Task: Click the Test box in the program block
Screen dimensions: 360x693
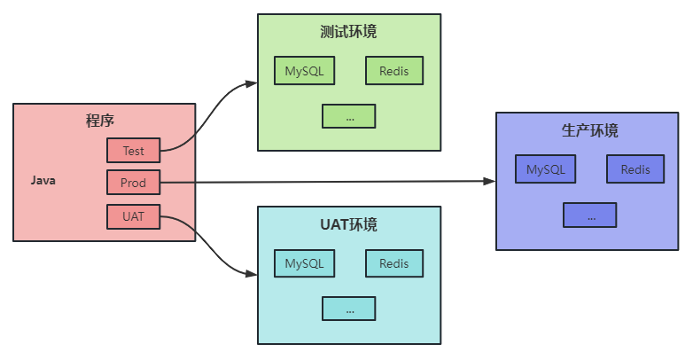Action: pyautogui.click(x=133, y=151)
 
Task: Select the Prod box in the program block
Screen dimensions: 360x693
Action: pyautogui.click(x=133, y=183)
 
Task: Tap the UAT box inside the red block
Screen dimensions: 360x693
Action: pyautogui.click(x=133, y=215)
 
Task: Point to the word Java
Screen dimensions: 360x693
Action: pyautogui.click(x=43, y=181)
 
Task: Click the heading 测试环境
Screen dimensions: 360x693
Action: pyautogui.click(x=348, y=32)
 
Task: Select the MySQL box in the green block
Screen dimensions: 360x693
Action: pyautogui.click(x=304, y=71)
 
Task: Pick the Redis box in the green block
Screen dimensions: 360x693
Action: pyautogui.click(x=394, y=71)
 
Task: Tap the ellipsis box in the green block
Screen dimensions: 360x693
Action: pyautogui.click(x=349, y=116)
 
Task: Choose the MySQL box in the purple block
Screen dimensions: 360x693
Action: pyautogui.click(x=545, y=169)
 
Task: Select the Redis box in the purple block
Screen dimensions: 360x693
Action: pyautogui.click(x=635, y=169)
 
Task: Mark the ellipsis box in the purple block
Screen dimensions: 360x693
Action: pyautogui.click(x=590, y=215)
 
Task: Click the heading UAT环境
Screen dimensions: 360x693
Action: pyautogui.click(x=348, y=224)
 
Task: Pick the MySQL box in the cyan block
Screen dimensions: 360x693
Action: pyautogui.click(x=304, y=263)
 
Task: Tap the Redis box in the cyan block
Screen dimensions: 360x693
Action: pyautogui.click(x=394, y=263)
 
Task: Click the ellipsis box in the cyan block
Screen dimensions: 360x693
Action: pyautogui.click(x=349, y=309)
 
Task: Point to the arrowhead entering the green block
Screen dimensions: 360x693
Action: pyautogui.click(x=251, y=83)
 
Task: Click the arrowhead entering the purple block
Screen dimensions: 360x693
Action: pyautogui.click(x=489, y=181)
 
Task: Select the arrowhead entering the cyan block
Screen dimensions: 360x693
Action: pyautogui.click(x=251, y=274)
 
